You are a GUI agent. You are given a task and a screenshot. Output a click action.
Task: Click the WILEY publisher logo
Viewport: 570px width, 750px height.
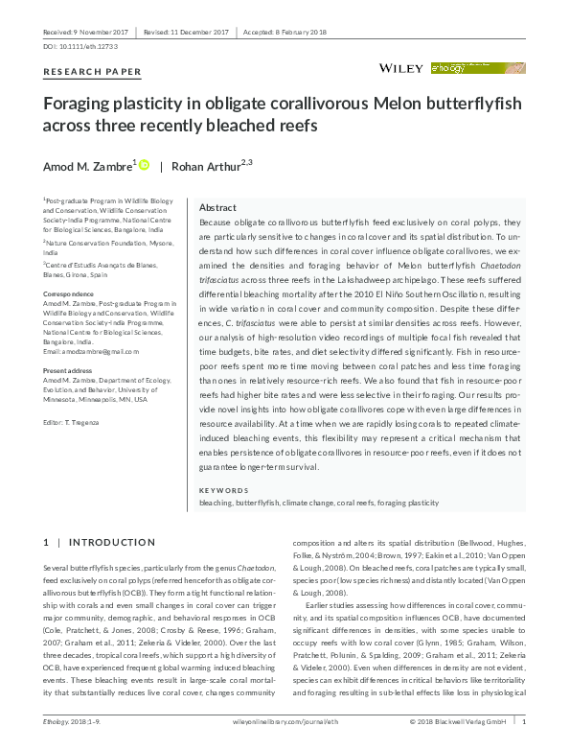[402, 69]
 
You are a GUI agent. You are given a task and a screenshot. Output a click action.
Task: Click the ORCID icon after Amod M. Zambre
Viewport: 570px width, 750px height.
[145, 166]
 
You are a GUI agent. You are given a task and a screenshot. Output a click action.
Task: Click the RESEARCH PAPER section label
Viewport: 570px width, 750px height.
[93, 72]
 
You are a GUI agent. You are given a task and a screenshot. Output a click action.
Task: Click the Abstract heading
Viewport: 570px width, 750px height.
[217, 208]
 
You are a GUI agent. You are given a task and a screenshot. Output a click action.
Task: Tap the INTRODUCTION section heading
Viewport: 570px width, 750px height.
[111, 543]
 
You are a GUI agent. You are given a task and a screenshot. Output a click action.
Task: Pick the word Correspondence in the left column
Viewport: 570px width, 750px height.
[68, 293]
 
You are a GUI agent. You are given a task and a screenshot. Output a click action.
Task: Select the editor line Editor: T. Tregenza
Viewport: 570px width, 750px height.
[78, 423]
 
